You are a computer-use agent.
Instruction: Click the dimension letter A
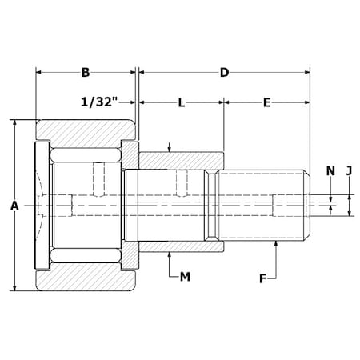(x=14, y=206)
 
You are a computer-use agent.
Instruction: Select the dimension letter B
(x=86, y=73)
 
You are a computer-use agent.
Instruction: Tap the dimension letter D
(x=224, y=73)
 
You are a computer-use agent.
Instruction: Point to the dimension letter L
(x=182, y=102)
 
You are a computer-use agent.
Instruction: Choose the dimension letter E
(x=267, y=102)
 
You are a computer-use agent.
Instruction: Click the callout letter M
(x=185, y=277)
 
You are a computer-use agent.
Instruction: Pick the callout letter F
(x=263, y=279)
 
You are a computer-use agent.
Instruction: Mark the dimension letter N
(x=330, y=171)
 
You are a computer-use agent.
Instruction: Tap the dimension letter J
(x=349, y=171)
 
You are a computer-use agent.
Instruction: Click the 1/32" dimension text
(x=99, y=102)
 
